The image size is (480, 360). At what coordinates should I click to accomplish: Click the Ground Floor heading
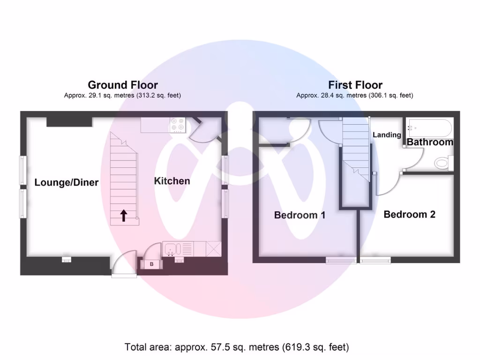pos(123,85)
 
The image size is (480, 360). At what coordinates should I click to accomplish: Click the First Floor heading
pos(355,85)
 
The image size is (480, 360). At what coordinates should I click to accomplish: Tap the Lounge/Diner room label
pos(67,182)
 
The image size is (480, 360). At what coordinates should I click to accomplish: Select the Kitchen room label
pos(172,181)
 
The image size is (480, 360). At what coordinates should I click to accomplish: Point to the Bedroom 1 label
pos(300,215)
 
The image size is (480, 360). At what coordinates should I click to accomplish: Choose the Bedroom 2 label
pos(409,214)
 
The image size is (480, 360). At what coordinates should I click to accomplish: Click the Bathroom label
pos(430,142)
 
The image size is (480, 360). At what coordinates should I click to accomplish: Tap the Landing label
pos(387,135)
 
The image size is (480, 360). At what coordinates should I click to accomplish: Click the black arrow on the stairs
pos(124,215)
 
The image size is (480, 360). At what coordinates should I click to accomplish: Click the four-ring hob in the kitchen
pos(178,125)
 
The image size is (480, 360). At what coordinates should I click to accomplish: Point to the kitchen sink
pos(170,249)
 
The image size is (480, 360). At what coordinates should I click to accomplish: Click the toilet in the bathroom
pos(442,163)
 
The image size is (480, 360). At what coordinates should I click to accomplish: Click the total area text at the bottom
pos(237,347)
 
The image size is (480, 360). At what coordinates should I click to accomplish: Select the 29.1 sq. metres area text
pos(122,95)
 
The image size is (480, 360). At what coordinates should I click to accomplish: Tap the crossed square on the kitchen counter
pos(213,248)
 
